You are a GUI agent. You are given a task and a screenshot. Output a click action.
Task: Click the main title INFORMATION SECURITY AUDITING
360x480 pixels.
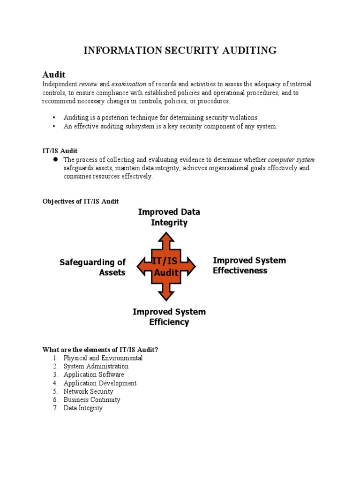click(x=180, y=51)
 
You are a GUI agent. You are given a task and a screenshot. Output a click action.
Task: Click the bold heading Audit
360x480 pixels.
click(x=54, y=75)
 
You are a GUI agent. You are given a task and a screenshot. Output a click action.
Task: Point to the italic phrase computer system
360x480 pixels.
click(x=291, y=160)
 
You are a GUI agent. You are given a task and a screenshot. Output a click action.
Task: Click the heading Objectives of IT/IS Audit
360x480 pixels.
click(x=81, y=201)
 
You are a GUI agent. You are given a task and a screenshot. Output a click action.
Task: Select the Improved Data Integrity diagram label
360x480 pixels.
click(x=169, y=217)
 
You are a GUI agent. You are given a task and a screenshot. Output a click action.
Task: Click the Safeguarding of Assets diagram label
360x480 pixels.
click(x=93, y=267)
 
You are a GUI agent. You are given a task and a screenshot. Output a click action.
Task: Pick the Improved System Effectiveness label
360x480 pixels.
click(x=249, y=265)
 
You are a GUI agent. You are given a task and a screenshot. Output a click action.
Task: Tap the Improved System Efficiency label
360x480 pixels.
click(x=169, y=317)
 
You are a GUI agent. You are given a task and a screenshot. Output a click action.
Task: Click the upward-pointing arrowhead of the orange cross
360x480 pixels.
click(x=166, y=237)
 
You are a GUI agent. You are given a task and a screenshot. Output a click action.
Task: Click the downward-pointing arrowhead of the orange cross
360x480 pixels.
click(x=166, y=295)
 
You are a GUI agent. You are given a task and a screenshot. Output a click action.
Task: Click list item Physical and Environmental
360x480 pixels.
click(x=103, y=358)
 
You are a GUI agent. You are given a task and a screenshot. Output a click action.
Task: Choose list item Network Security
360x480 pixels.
click(x=88, y=391)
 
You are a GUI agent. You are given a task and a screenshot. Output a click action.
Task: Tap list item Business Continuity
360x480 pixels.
click(x=92, y=400)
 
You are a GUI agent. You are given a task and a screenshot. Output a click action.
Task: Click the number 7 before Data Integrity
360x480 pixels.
click(x=55, y=408)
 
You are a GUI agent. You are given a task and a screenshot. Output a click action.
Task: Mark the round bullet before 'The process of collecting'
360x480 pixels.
click(x=54, y=160)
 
